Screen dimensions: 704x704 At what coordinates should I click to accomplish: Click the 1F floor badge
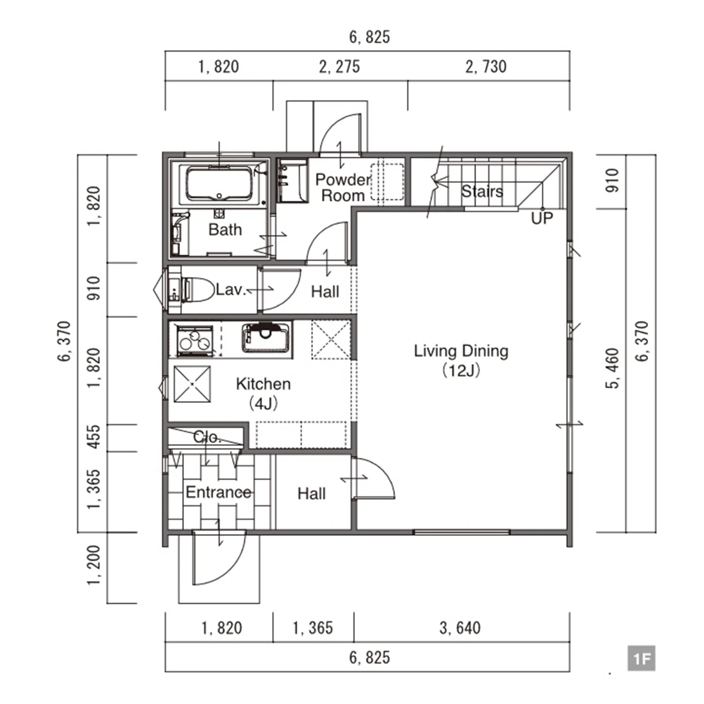click(641, 658)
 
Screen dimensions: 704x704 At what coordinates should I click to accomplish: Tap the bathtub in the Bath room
click(219, 184)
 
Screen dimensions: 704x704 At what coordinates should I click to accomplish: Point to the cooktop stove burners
click(195, 340)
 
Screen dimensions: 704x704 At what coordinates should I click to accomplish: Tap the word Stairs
click(482, 191)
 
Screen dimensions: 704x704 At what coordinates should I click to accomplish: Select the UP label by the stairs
click(542, 218)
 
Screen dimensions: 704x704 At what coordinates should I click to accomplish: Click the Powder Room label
click(343, 187)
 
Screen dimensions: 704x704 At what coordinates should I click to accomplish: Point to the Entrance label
click(218, 492)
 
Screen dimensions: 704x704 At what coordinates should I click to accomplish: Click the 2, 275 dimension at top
click(339, 67)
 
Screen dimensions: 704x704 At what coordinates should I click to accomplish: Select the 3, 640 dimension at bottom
click(460, 628)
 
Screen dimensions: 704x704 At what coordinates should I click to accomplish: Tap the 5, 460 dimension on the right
click(612, 368)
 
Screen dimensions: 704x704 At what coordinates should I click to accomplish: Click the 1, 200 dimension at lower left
click(94, 565)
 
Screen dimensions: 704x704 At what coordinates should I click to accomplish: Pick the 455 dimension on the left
click(94, 437)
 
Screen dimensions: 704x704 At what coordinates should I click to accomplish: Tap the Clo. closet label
click(207, 437)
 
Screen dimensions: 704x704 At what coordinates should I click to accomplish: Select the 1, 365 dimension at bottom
click(312, 628)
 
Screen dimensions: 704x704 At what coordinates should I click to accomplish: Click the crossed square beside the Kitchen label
click(192, 384)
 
